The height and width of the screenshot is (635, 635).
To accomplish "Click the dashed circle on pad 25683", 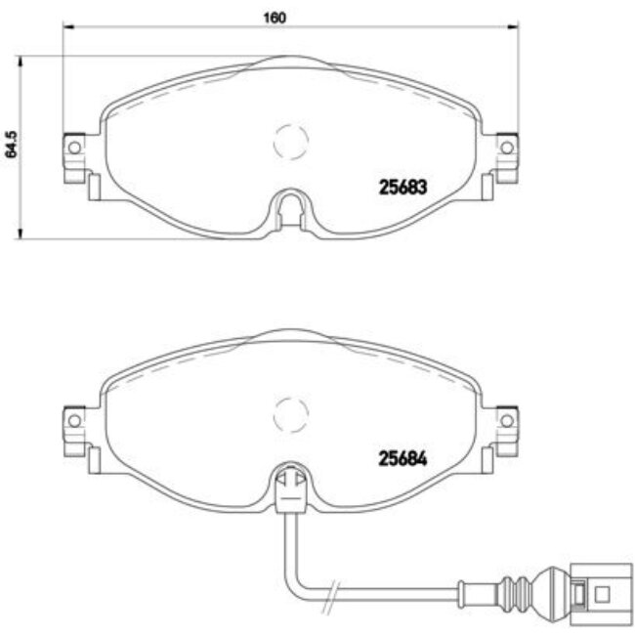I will point(290,143).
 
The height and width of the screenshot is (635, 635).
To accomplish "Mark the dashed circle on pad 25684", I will point(290,414).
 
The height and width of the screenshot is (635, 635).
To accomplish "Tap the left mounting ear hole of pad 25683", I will point(73,148).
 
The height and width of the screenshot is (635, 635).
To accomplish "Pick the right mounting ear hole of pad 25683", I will point(506,148).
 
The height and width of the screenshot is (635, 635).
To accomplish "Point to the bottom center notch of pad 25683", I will point(290,207).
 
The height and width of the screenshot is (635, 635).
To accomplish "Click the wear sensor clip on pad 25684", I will point(290,486).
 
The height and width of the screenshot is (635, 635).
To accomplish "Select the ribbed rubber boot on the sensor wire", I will point(519,591).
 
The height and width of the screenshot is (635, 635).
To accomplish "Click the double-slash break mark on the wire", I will point(335,591).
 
